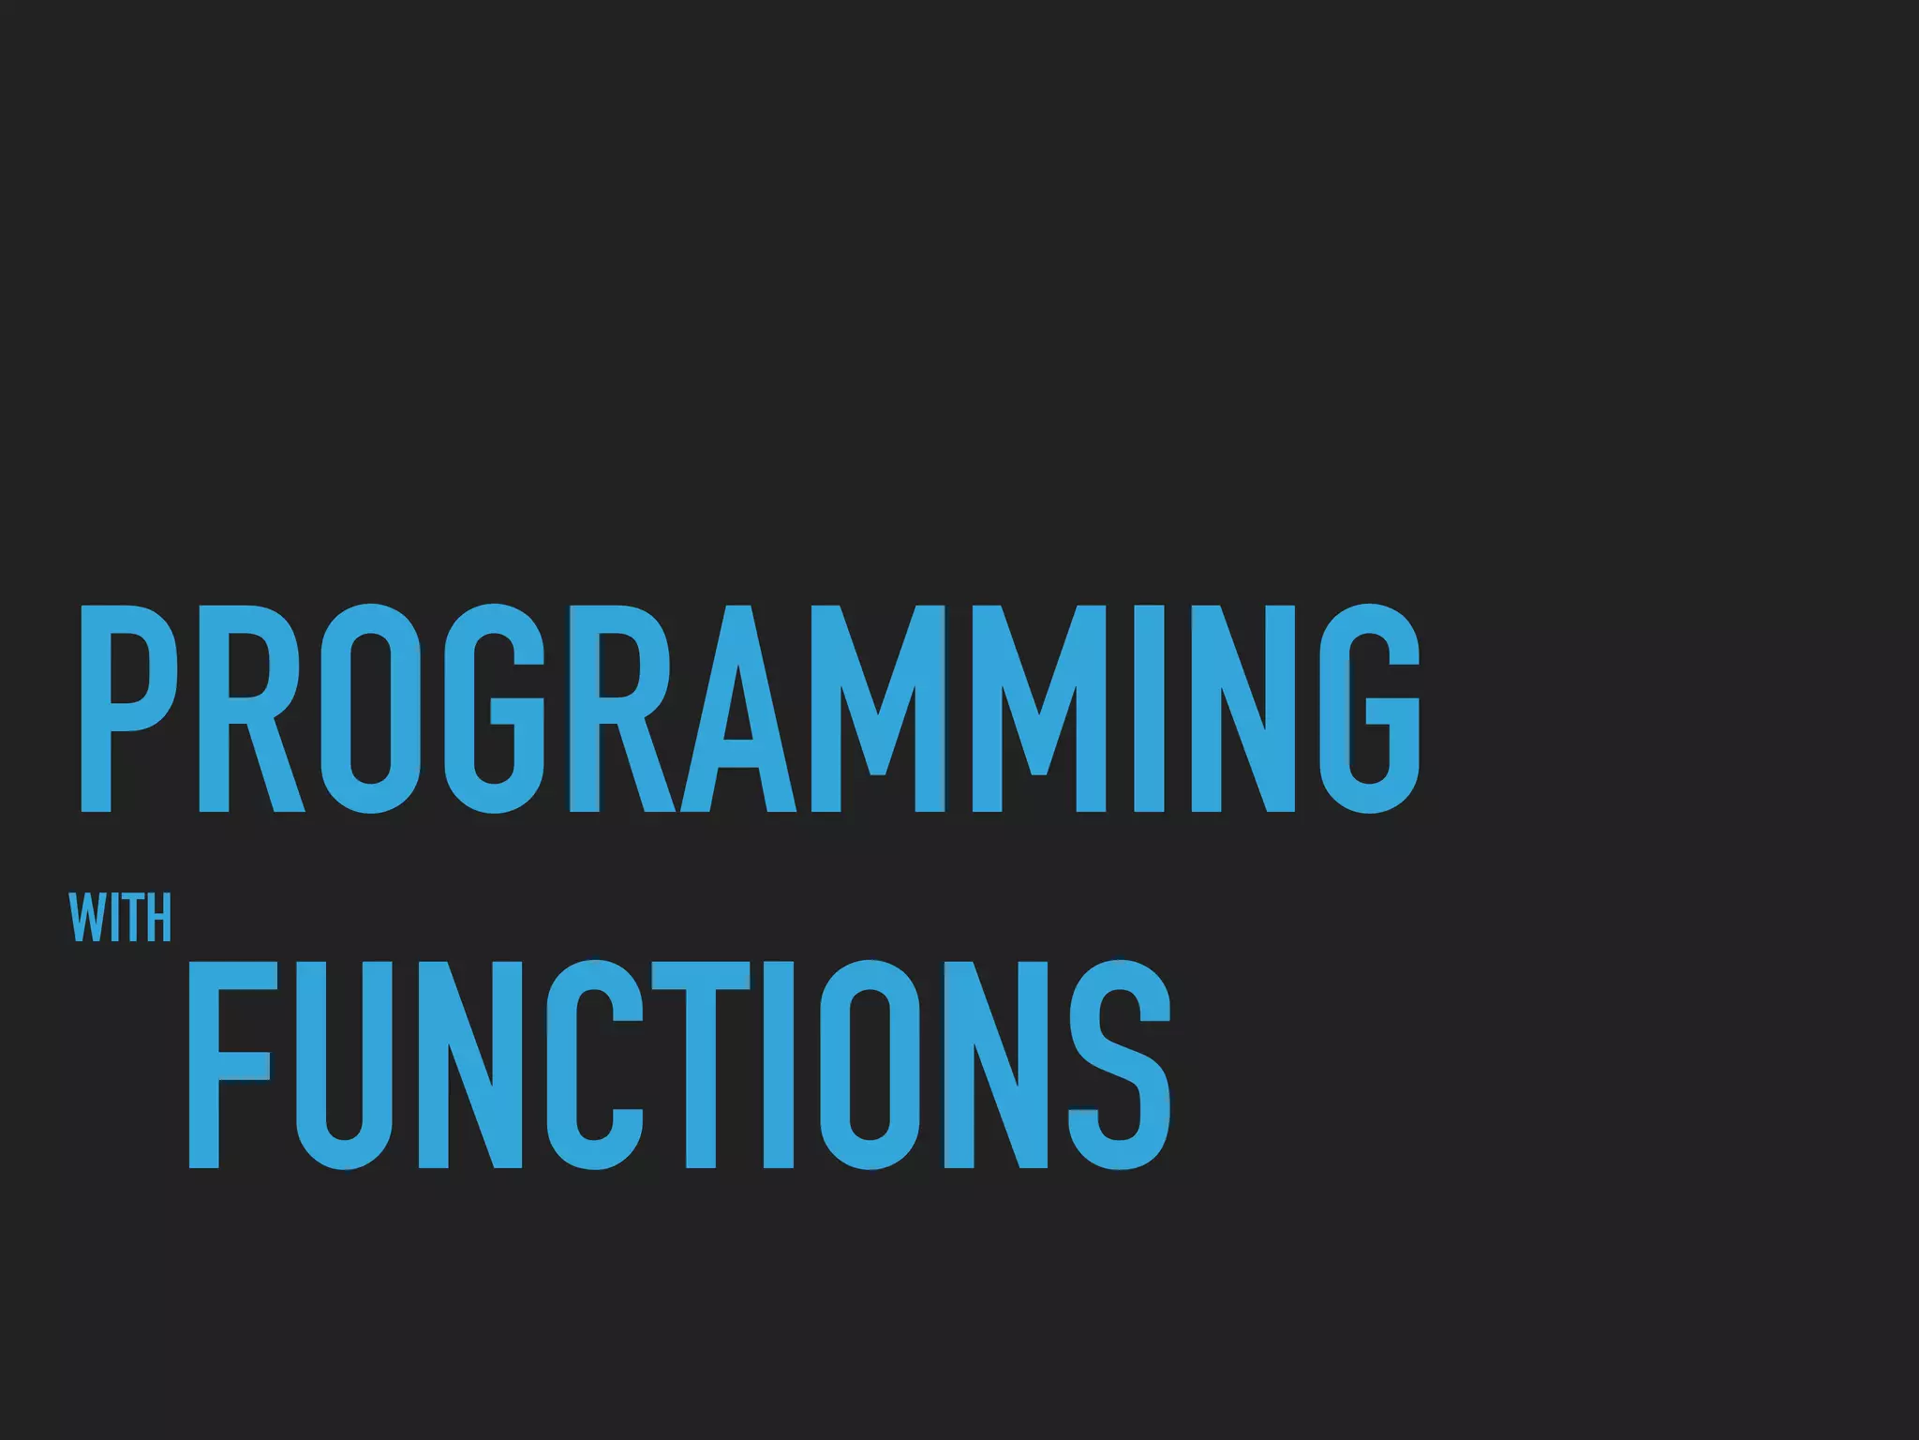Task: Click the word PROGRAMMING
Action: point(749,708)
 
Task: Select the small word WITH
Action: point(121,919)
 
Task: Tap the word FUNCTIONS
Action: point(679,1064)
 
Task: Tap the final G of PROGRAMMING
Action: point(1370,708)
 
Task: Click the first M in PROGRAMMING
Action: point(878,708)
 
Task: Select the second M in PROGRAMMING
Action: point(1038,708)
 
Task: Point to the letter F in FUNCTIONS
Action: point(230,1064)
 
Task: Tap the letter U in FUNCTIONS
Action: point(344,1064)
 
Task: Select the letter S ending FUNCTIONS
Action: point(1121,1064)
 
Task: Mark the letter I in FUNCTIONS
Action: point(780,1064)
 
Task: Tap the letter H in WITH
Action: point(160,919)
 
